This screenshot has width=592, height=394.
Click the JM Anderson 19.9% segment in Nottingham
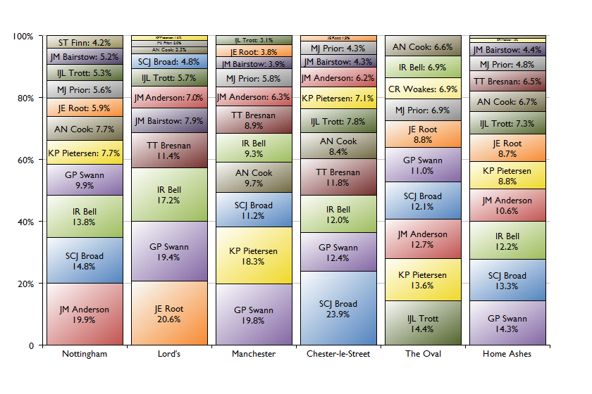[85, 314]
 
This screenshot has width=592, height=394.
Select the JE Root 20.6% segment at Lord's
[169, 313]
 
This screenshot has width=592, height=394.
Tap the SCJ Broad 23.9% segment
[338, 308]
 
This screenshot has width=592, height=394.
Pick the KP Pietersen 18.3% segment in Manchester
[254, 255]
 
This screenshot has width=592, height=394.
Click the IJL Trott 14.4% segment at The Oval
[423, 323]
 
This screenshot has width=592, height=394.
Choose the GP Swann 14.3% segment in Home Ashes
[507, 323]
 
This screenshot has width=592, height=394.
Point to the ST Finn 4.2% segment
[85, 42]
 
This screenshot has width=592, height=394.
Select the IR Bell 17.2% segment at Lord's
[169, 195]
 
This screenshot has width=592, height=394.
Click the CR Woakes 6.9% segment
[423, 89]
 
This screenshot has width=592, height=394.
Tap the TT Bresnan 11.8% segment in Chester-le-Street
[338, 177]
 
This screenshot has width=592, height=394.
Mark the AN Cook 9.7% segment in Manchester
[254, 177]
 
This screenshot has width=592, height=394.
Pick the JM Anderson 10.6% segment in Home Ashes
[507, 205]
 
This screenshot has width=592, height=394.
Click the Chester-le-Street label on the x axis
[338, 354]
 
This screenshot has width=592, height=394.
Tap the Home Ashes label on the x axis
[507, 354]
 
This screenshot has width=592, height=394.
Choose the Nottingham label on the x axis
[85, 354]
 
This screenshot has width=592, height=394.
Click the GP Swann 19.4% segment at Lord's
[169, 251]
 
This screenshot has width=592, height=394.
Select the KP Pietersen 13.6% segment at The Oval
[423, 279]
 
